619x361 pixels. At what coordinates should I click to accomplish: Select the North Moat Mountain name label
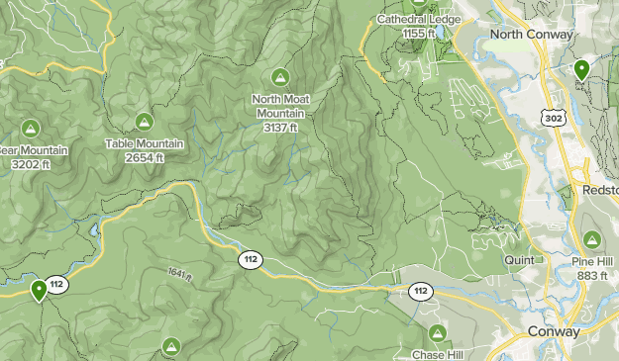279,106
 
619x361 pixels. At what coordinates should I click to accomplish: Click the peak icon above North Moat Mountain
279,76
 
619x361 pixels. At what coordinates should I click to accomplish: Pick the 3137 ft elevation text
279,127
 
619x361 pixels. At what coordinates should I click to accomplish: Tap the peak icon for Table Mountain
144,122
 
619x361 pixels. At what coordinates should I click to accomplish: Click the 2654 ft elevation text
145,158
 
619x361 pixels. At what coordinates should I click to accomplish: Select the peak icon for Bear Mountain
30,129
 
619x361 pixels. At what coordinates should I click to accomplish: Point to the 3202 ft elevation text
30,164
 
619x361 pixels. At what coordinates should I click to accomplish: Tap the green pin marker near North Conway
581,69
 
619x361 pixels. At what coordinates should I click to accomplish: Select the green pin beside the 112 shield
39,290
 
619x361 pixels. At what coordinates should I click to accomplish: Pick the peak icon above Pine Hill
591,239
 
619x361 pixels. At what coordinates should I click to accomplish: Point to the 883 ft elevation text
592,275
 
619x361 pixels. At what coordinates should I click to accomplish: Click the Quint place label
518,260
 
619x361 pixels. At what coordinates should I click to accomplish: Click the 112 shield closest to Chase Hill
421,291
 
